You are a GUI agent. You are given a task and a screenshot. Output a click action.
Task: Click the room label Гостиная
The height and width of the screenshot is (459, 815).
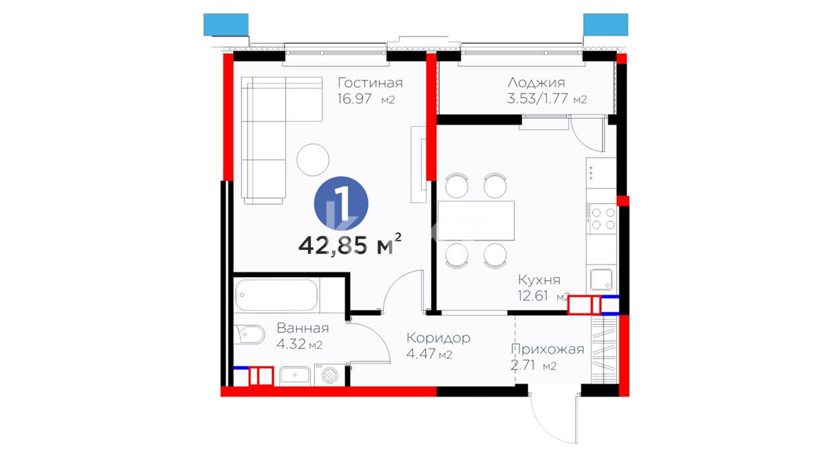pyautogui.click(x=370, y=83)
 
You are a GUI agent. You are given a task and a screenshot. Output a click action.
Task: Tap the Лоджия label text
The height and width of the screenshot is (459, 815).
pyautogui.click(x=537, y=82)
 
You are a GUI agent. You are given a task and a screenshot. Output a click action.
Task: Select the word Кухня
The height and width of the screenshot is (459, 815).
pyautogui.click(x=539, y=280)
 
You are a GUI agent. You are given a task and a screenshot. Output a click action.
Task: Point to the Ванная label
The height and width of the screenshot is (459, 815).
pyautogui.click(x=303, y=328)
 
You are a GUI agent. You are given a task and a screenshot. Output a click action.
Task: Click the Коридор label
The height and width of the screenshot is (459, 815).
pyautogui.click(x=438, y=338)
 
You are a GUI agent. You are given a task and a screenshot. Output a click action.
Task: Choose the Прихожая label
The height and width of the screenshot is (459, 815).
pyautogui.click(x=548, y=349)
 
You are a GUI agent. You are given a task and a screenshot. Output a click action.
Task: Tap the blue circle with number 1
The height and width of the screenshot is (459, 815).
pyautogui.click(x=341, y=204)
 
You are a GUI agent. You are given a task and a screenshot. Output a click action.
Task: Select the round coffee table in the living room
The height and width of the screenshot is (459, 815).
pyautogui.click(x=313, y=160)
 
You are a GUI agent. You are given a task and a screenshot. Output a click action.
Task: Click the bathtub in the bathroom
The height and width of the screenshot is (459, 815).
pyautogui.click(x=276, y=295)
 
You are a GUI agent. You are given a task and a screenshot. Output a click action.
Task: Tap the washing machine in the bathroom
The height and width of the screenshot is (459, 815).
pyautogui.click(x=329, y=375)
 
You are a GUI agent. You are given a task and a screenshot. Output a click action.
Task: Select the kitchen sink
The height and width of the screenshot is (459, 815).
pyautogui.click(x=601, y=280)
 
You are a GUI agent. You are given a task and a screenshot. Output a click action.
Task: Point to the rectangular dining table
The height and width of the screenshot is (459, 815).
pyautogui.click(x=476, y=221)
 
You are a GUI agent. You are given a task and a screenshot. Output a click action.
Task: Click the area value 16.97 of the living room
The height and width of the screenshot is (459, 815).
pyautogui.click(x=354, y=99)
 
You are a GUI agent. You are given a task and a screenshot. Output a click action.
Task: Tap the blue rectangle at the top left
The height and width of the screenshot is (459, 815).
pyautogui.click(x=226, y=25)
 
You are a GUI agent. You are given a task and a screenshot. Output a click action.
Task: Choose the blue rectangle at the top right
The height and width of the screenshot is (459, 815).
pyautogui.click(x=605, y=25)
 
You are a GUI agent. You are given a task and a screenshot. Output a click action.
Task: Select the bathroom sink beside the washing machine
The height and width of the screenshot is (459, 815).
pyautogui.click(x=295, y=376)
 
